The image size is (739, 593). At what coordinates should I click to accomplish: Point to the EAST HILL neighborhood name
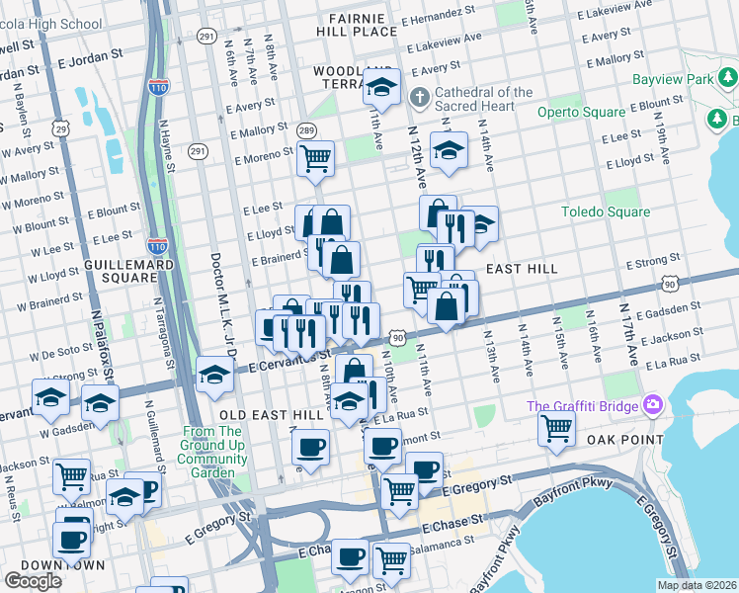522,269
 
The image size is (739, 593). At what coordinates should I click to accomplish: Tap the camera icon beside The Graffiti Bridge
651,405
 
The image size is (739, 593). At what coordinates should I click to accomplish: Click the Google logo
33,581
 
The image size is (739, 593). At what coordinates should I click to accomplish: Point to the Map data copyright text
698,585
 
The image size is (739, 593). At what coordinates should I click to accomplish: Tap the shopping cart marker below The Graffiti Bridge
556,427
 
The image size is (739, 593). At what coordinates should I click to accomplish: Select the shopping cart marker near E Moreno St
315,157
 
